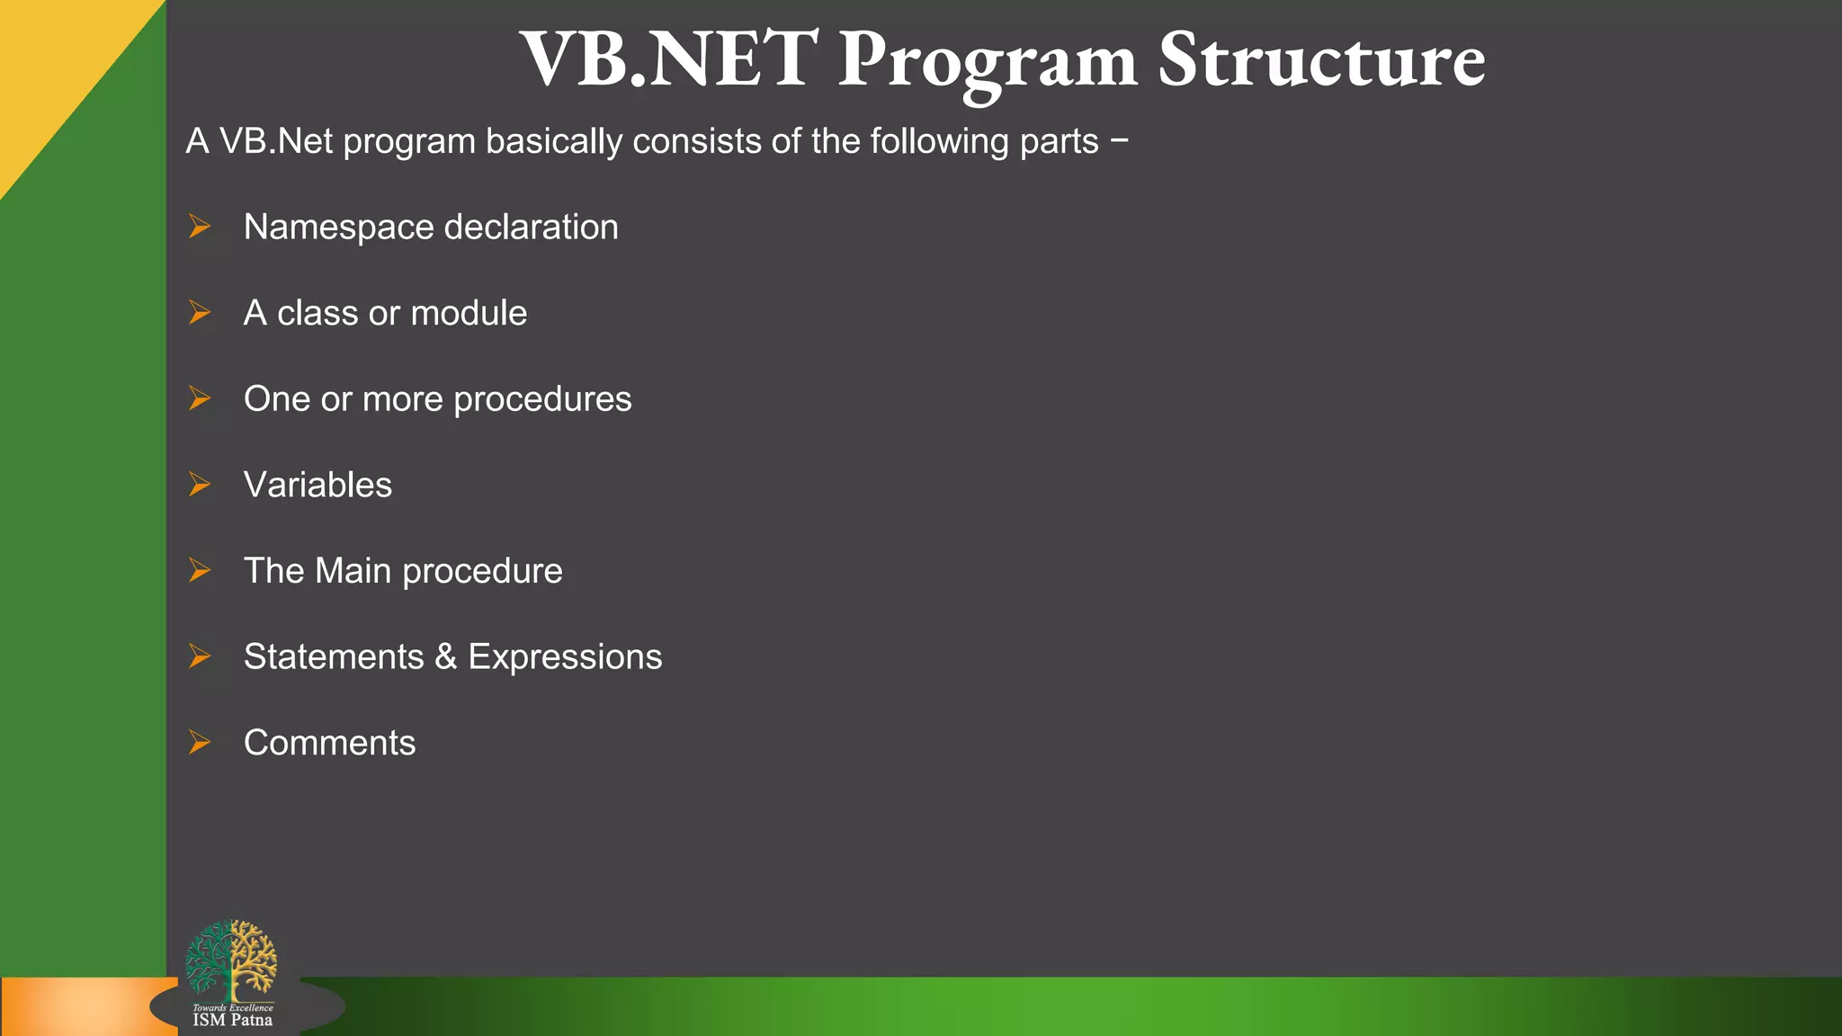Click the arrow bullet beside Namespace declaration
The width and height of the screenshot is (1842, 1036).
(x=199, y=227)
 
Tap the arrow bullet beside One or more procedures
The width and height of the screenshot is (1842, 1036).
(x=199, y=398)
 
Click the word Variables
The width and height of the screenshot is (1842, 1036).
(x=317, y=485)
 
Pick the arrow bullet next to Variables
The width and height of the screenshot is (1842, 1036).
(x=199, y=485)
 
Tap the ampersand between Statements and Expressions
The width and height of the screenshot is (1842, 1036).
(x=445, y=656)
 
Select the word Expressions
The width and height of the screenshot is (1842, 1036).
(x=565, y=657)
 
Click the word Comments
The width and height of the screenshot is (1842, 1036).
(x=329, y=743)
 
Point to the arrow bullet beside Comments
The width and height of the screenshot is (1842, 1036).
(x=199, y=743)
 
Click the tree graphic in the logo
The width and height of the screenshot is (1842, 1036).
(x=231, y=960)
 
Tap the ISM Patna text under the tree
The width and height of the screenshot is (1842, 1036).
(x=232, y=1020)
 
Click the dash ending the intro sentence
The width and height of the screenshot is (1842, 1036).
(x=1119, y=141)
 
